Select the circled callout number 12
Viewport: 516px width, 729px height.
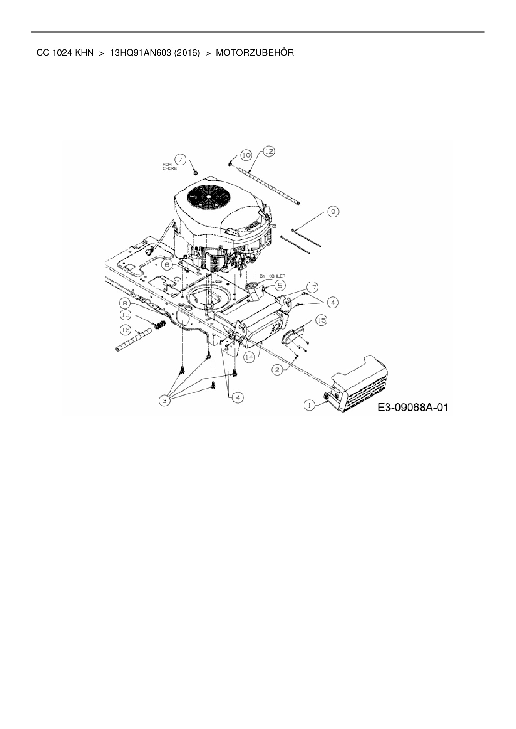(269, 152)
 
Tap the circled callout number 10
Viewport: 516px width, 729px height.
(246, 155)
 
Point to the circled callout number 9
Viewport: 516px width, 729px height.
(333, 212)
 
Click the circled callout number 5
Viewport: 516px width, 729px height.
(280, 285)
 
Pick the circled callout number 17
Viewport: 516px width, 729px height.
(313, 287)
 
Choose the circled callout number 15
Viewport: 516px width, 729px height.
(321, 320)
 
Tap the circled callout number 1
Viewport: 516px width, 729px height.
(309, 404)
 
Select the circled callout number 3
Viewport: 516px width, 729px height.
(165, 401)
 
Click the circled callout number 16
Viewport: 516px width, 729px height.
(125, 330)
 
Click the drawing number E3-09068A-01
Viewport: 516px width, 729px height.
(413, 407)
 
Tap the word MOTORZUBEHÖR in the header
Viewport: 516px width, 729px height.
(255, 53)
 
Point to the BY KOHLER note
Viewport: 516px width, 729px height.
(273, 276)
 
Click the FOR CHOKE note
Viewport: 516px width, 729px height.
(169, 167)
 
